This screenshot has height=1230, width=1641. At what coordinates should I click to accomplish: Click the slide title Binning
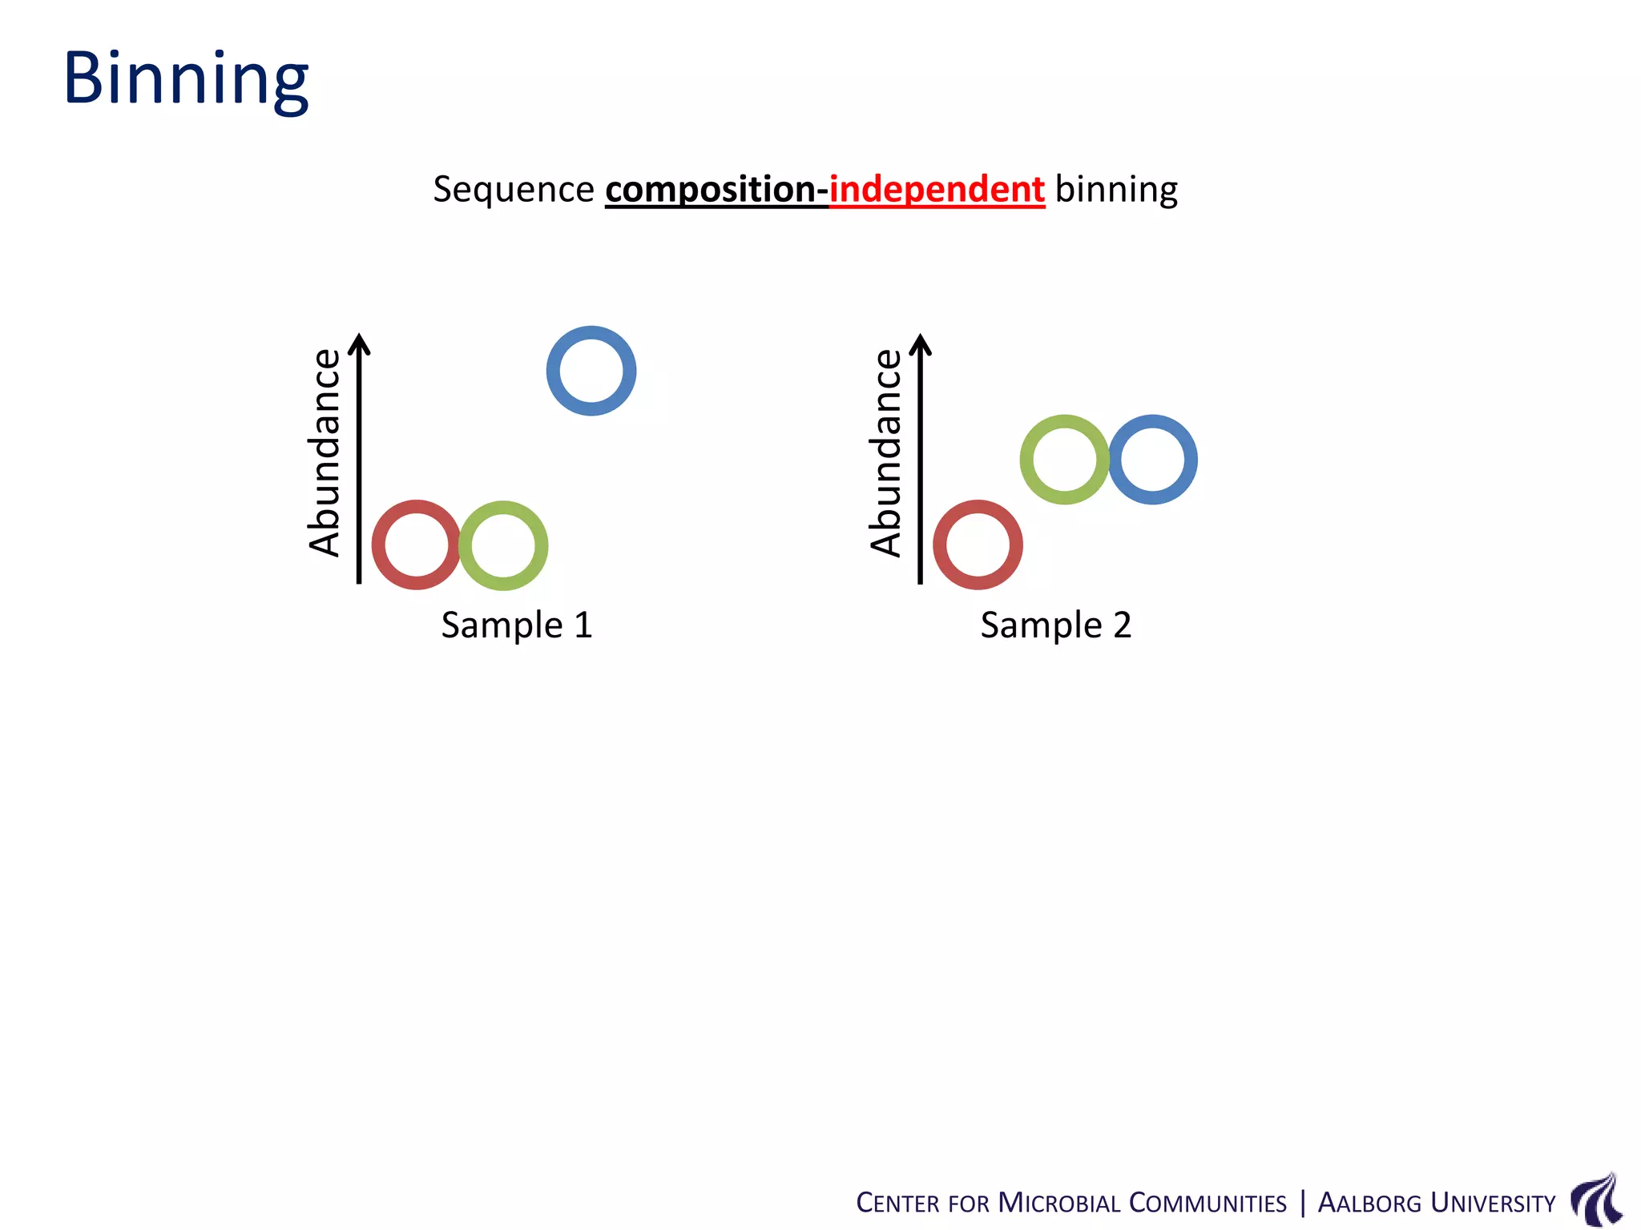click(186, 78)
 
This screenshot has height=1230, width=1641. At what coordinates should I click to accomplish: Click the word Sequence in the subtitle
click(513, 190)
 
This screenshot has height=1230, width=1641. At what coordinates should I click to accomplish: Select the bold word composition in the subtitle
click(711, 190)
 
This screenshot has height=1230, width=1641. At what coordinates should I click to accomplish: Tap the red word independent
click(936, 190)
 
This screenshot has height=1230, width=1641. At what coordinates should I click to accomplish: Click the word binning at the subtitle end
click(1116, 190)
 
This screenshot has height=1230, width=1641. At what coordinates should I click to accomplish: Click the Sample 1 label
click(517, 625)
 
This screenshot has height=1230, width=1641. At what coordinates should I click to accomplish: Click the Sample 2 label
click(1055, 625)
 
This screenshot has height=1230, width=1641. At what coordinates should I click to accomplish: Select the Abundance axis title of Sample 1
click(325, 452)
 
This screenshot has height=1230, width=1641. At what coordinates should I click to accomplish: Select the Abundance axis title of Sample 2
click(887, 452)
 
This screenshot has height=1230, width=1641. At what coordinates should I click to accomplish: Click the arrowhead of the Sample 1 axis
click(360, 343)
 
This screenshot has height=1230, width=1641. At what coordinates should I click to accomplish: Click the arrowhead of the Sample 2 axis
click(921, 343)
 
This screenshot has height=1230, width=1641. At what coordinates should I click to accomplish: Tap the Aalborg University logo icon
click(1597, 1199)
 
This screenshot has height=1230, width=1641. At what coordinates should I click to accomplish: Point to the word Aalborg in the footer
click(1369, 1203)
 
